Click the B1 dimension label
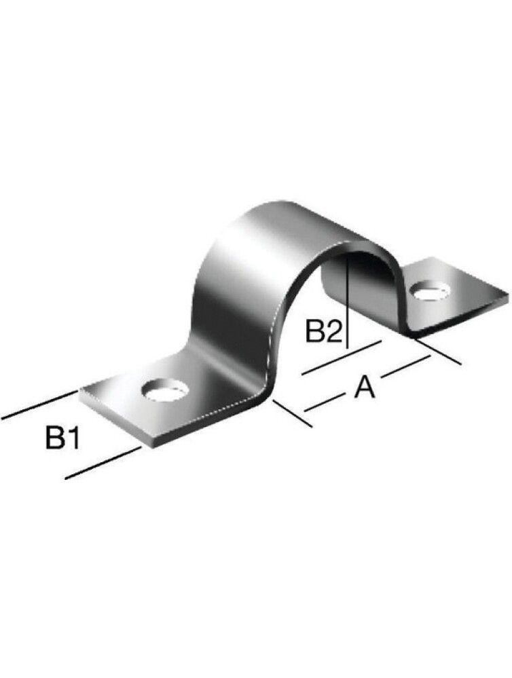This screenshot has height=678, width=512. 63,438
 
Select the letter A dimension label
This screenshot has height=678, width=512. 364,388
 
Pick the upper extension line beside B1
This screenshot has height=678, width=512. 37,405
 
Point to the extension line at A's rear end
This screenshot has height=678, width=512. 441,354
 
